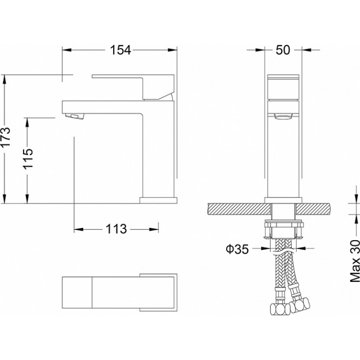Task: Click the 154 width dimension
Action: pos(120,50)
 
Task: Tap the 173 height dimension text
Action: pos(6,137)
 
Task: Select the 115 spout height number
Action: pos(28,159)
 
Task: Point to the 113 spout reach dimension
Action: pos(116,229)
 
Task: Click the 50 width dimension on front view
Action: pos(283,50)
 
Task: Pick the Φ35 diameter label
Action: pos(238,249)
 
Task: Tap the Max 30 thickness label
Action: pos(355,261)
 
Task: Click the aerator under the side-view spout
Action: pos(75,116)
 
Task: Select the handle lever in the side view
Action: pos(133,87)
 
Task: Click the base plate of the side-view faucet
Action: pos(158,200)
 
